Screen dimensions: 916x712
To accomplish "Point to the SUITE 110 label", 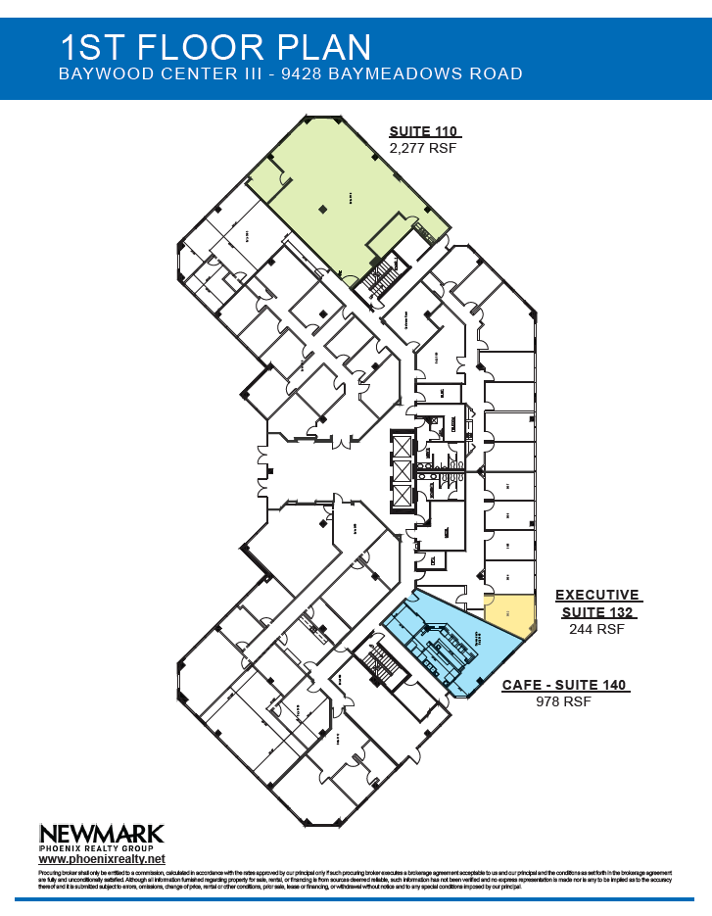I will tap(424, 132).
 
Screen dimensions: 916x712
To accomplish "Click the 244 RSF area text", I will tap(596, 630).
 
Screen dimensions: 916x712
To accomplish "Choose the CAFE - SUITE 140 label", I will tap(565, 686).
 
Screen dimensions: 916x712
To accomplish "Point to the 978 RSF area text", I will tap(564, 702).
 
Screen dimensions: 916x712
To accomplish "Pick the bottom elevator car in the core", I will tap(403, 496).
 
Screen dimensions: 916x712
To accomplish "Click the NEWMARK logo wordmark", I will tap(101, 834).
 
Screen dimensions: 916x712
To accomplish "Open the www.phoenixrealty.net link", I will tap(95, 859).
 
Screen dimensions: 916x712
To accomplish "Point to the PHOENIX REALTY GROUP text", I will tap(101, 848).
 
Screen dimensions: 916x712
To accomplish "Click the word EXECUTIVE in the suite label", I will tap(596, 595).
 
